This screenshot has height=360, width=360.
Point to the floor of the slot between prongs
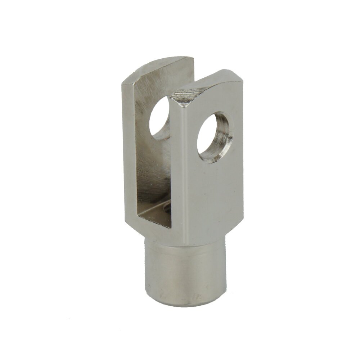pyautogui.click(x=155, y=216)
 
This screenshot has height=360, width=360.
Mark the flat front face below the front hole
pyautogui.click(x=212, y=194)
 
